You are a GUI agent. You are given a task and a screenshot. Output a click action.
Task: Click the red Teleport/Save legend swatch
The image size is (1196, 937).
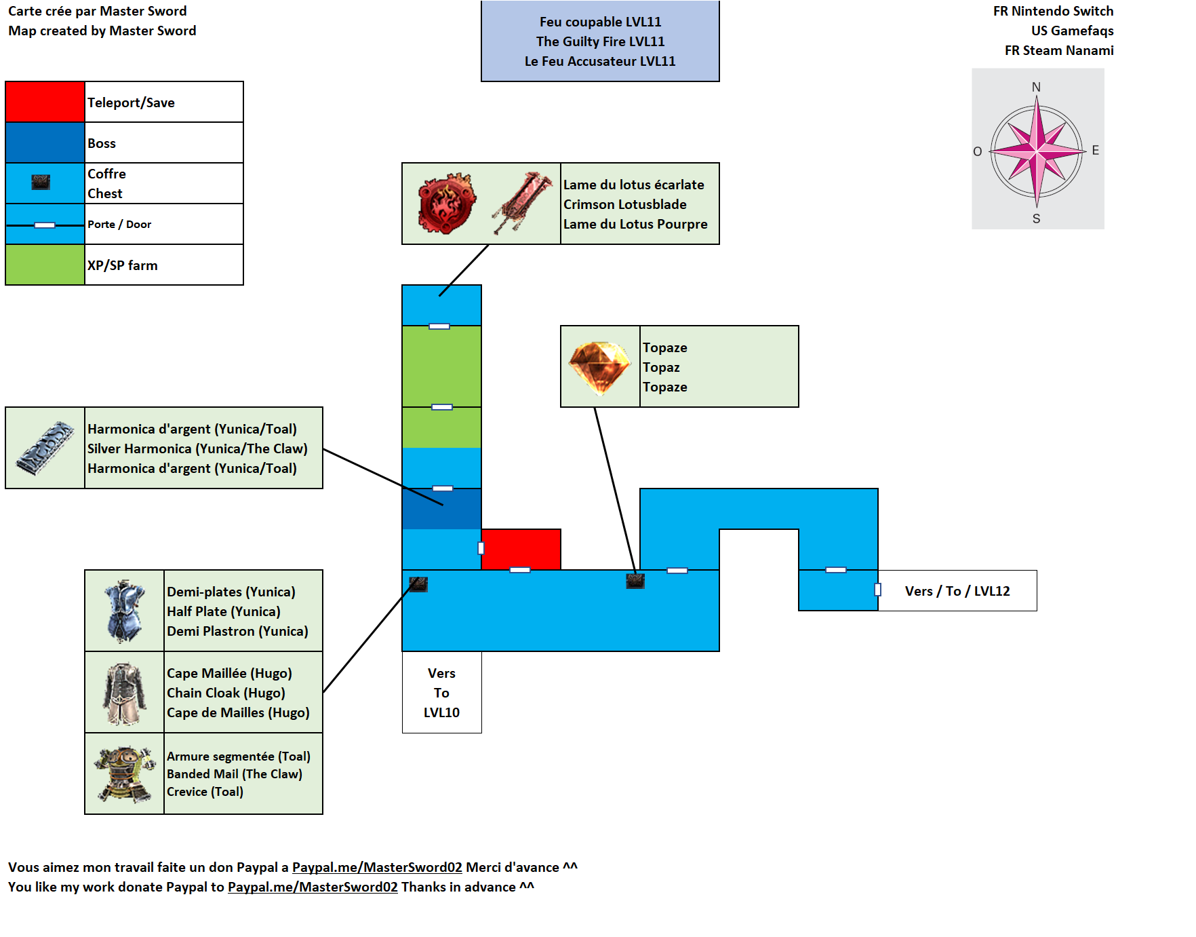[45, 102]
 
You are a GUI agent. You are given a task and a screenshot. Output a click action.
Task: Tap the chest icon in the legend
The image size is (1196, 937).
[41, 183]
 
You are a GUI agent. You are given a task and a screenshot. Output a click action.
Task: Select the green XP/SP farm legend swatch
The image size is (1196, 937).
[45, 265]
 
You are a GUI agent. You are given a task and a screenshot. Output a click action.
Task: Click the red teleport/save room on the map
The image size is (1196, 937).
[521, 549]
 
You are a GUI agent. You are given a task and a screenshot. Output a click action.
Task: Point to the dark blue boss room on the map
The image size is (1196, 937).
[441, 509]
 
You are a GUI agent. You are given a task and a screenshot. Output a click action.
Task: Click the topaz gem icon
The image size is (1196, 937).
[599, 367]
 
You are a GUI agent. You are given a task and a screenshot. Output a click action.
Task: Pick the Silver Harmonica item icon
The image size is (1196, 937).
[45, 448]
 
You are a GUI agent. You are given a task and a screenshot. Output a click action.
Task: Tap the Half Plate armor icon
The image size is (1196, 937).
[125, 611]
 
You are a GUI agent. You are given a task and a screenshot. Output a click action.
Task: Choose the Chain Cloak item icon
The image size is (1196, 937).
[125, 693]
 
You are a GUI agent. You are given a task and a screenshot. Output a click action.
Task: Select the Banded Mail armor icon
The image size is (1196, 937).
[125, 774]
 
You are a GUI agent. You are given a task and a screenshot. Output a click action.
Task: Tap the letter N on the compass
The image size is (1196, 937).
[1036, 87]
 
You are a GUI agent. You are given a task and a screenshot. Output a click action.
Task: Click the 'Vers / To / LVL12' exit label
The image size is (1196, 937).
[957, 591]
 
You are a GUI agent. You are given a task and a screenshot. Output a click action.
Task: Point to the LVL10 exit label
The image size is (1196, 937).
[441, 693]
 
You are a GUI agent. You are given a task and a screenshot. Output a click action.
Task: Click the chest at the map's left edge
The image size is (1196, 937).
[418, 584]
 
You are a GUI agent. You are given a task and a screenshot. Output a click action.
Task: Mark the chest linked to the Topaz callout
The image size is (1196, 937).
[635, 581]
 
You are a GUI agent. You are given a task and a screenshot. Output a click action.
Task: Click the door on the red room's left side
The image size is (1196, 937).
[481, 548]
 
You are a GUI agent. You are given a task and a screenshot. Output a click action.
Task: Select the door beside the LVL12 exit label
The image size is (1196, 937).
[878, 590]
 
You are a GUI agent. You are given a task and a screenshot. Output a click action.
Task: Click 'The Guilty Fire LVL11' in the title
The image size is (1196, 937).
[600, 41]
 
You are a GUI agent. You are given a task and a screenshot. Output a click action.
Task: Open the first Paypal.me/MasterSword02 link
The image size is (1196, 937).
[377, 867]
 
